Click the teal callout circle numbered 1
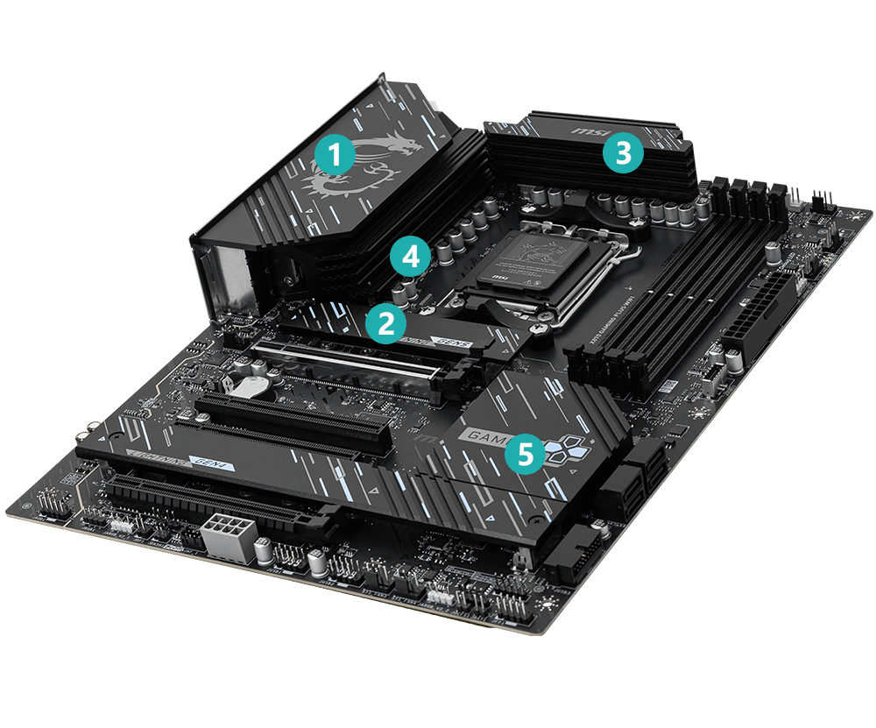pos(334,156)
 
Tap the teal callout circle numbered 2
pos(385,323)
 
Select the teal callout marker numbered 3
pos(622,153)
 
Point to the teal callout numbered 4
pos(411,257)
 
